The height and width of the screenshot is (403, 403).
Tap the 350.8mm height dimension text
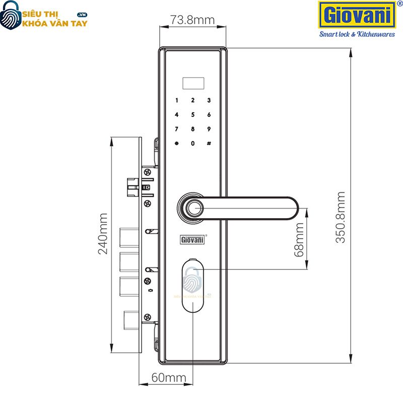(x=341, y=217)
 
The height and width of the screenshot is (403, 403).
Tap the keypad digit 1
(x=176, y=100)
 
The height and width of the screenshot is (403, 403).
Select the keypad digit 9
(x=208, y=129)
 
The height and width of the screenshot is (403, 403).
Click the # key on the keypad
(x=208, y=144)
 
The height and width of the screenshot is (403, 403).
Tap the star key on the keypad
(x=176, y=144)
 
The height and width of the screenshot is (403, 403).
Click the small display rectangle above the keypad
(x=192, y=81)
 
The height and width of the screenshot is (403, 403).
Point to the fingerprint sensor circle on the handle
(x=193, y=208)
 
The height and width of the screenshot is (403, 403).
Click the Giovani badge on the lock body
(x=192, y=239)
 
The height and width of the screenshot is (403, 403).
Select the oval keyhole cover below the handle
(x=192, y=285)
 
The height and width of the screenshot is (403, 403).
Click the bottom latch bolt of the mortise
(x=130, y=318)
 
